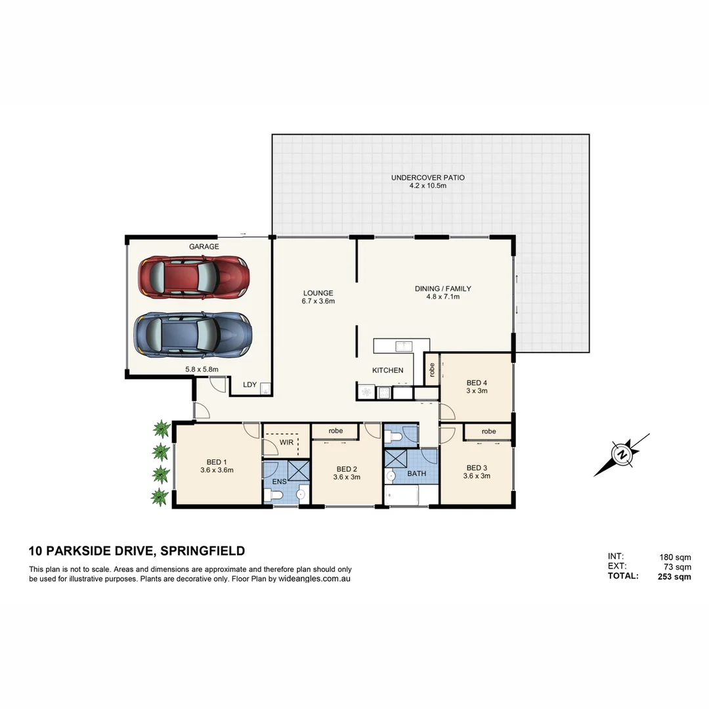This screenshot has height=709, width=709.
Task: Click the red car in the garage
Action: (x=194, y=277)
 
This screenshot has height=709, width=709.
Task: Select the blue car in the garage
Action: (x=194, y=334)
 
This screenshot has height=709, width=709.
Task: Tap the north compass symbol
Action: (x=621, y=454)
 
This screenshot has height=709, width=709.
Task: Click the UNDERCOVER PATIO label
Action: (x=427, y=178)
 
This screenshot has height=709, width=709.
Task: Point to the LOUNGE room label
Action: (x=318, y=293)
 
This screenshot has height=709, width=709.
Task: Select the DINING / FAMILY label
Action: (x=442, y=289)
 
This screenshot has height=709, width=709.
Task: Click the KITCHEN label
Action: (x=387, y=370)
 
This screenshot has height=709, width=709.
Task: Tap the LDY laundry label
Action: (x=249, y=385)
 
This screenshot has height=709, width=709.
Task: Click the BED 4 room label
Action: (x=477, y=383)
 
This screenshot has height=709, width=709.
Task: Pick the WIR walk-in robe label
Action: (x=286, y=443)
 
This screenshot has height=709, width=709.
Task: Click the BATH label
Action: (x=416, y=473)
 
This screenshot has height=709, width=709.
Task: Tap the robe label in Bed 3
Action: (x=488, y=431)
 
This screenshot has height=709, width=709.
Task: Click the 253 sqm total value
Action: (x=674, y=577)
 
